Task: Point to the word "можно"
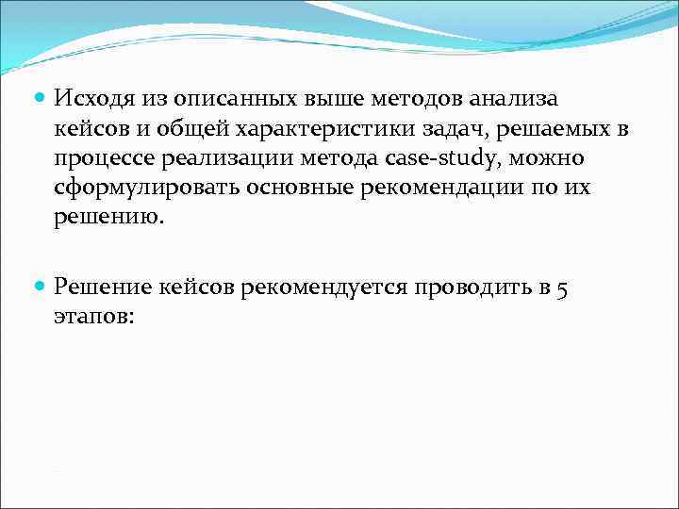(x=544, y=157)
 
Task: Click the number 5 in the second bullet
(x=561, y=288)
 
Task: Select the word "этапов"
(x=92, y=317)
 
